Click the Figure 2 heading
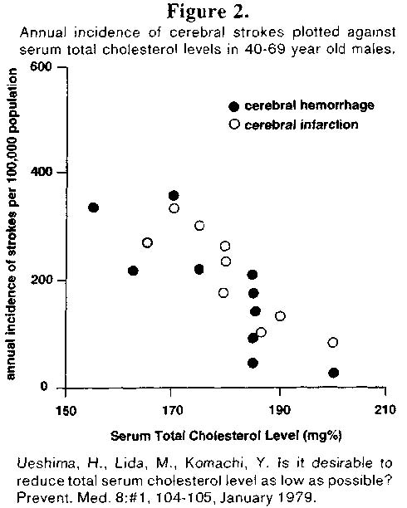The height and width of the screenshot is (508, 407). coord(208,12)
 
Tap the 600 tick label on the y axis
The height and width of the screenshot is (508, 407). coord(41,66)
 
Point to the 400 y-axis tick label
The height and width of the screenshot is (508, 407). coord(42,171)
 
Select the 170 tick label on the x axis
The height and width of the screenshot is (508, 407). coord(172,410)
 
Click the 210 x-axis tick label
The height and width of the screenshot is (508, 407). coord(385,409)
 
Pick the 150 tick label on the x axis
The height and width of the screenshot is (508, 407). coord(66,411)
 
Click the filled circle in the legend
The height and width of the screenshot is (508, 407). coord(234,106)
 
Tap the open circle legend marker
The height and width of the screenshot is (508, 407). coord(234,125)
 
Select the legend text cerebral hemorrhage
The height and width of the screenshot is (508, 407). coord(309,105)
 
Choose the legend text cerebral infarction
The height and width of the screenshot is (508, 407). coord(302,125)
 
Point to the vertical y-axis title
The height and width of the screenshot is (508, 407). coord(12,224)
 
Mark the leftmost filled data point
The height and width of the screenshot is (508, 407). coord(93,208)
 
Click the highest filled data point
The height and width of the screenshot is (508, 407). coord(174,196)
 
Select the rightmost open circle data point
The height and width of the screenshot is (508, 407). coord(333,343)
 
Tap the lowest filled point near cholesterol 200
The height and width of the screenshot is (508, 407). coord(334,373)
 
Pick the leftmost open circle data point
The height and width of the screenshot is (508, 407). coord(147,242)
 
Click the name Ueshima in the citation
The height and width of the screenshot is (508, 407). coord(47,464)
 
